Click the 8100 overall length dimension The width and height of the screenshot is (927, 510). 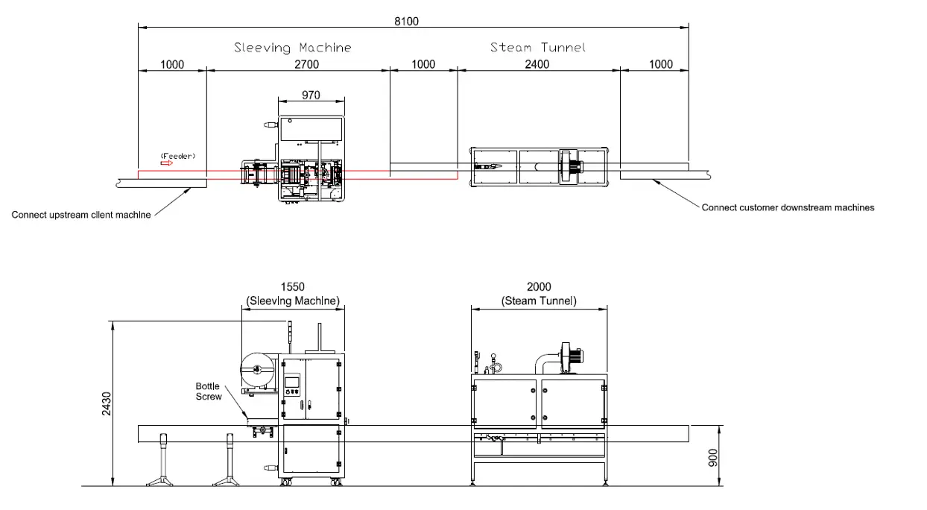pyautogui.click(x=406, y=21)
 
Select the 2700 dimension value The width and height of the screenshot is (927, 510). pyautogui.click(x=307, y=65)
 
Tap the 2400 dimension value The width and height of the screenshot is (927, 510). pyautogui.click(x=537, y=64)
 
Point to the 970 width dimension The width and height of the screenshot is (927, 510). pyautogui.click(x=311, y=95)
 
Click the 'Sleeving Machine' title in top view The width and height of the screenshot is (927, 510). pyautogui.click(x=293, y=48)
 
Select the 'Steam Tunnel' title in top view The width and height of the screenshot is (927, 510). pyautogui.click(x=538, y=47)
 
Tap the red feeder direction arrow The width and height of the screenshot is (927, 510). pyautogui.click(x=166, y=163)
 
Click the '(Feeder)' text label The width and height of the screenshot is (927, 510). pyautogui.click(x=178, y=156)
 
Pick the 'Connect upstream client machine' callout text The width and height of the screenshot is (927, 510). pyautogui.click(x=81, y=215)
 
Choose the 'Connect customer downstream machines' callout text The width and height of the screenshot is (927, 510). pyautogui.click(x=788, y=207)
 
